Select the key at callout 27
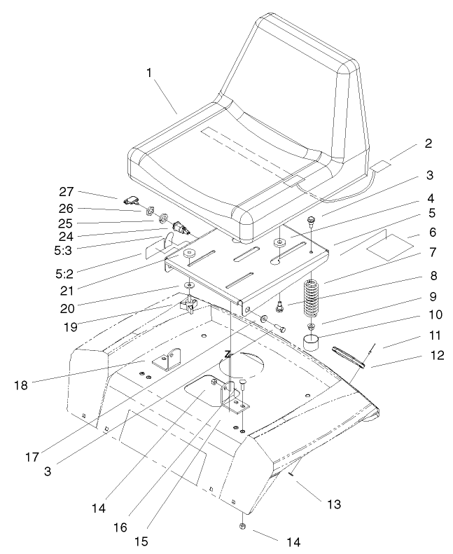[133, 202]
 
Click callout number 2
[428, 144]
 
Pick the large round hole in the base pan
[244, 364]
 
